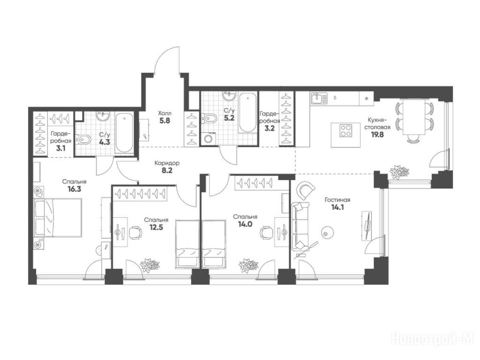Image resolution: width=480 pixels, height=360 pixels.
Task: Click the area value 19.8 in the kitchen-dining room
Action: [x=377, y=135]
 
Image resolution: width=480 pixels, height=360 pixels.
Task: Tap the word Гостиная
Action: [x=337, y=200]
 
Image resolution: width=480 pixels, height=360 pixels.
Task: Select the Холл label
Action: [x=165, y=112]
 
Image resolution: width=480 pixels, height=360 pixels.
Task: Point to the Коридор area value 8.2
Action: [x=167, y=170]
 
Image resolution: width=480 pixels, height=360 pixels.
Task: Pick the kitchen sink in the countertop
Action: [x=319, y=98]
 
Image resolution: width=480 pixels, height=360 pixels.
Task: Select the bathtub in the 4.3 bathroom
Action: [x=124, y=133]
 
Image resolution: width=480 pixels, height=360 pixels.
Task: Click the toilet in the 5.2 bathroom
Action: [x=209, y=118]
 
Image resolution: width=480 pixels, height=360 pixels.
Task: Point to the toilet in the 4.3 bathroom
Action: [x=82, y=140]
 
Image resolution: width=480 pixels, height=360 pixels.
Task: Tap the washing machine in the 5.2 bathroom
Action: [x=209, y=139]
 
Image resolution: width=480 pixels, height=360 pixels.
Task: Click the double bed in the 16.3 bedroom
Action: [x=57, y=217]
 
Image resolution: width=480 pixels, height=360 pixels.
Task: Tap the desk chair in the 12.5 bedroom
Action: [x=135, y=233]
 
